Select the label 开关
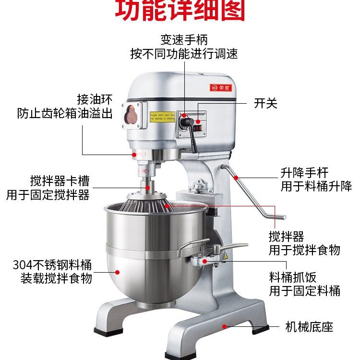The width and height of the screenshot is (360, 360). (x=265, y=103)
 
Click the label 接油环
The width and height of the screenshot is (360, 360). (x=95, y=99)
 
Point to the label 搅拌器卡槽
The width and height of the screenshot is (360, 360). (x=60, y=181)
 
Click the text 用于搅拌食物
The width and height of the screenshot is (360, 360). (x=304, y=250)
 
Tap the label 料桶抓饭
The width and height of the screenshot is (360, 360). (x=292, y=277)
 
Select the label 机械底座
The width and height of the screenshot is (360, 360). (x=309, y=327)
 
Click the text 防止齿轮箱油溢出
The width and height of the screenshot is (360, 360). (x=65, y=114)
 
